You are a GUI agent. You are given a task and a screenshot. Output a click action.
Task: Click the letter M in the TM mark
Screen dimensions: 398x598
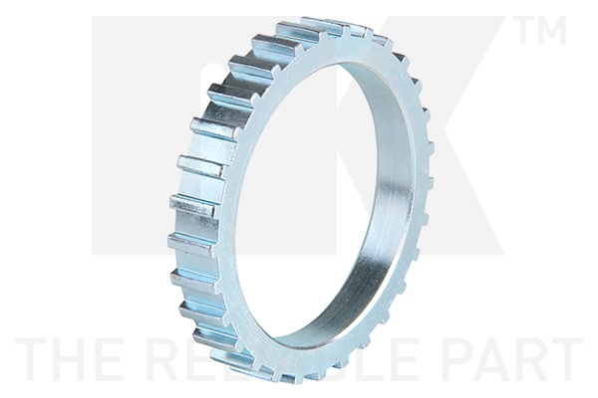coord(553,31)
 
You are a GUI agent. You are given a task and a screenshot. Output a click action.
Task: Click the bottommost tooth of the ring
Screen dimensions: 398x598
coord(290,376)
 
